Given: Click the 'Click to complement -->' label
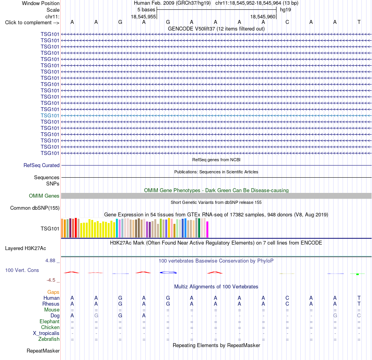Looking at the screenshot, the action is [32, 23].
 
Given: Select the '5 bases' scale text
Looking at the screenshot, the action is [146, 10].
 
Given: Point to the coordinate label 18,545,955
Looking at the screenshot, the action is [143, 16].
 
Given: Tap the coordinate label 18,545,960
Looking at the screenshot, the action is [263, 16].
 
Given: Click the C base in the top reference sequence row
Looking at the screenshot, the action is [287, 22].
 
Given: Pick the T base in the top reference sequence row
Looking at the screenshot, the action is [359, 22].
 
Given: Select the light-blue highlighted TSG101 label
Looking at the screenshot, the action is [50, 115].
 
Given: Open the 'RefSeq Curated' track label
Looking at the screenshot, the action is [42, 165].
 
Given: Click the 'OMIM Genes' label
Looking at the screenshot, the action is [44, 196].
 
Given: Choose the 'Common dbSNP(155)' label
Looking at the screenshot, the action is [35, 208].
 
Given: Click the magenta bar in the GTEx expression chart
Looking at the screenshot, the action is [208, 229].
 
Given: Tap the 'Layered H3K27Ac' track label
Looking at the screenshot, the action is [25, 248].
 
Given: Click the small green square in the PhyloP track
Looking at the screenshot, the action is [358, 274].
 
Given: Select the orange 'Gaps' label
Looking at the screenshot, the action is [53, 292].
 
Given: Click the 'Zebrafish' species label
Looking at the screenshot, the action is [49, 339].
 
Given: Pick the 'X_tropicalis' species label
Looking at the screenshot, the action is [46, 333].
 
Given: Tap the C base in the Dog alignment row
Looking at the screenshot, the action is [359, 316].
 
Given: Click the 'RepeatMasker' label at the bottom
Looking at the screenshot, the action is [43, 351].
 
